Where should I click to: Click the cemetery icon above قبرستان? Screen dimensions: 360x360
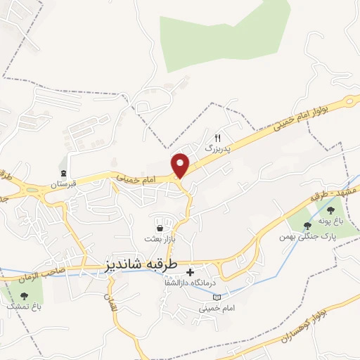tap(63, 174)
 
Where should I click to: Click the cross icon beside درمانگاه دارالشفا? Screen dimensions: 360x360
tap(190, 272)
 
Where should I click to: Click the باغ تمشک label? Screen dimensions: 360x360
tap(24, 307)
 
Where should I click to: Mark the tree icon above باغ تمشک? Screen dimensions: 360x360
tap(24, 296)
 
